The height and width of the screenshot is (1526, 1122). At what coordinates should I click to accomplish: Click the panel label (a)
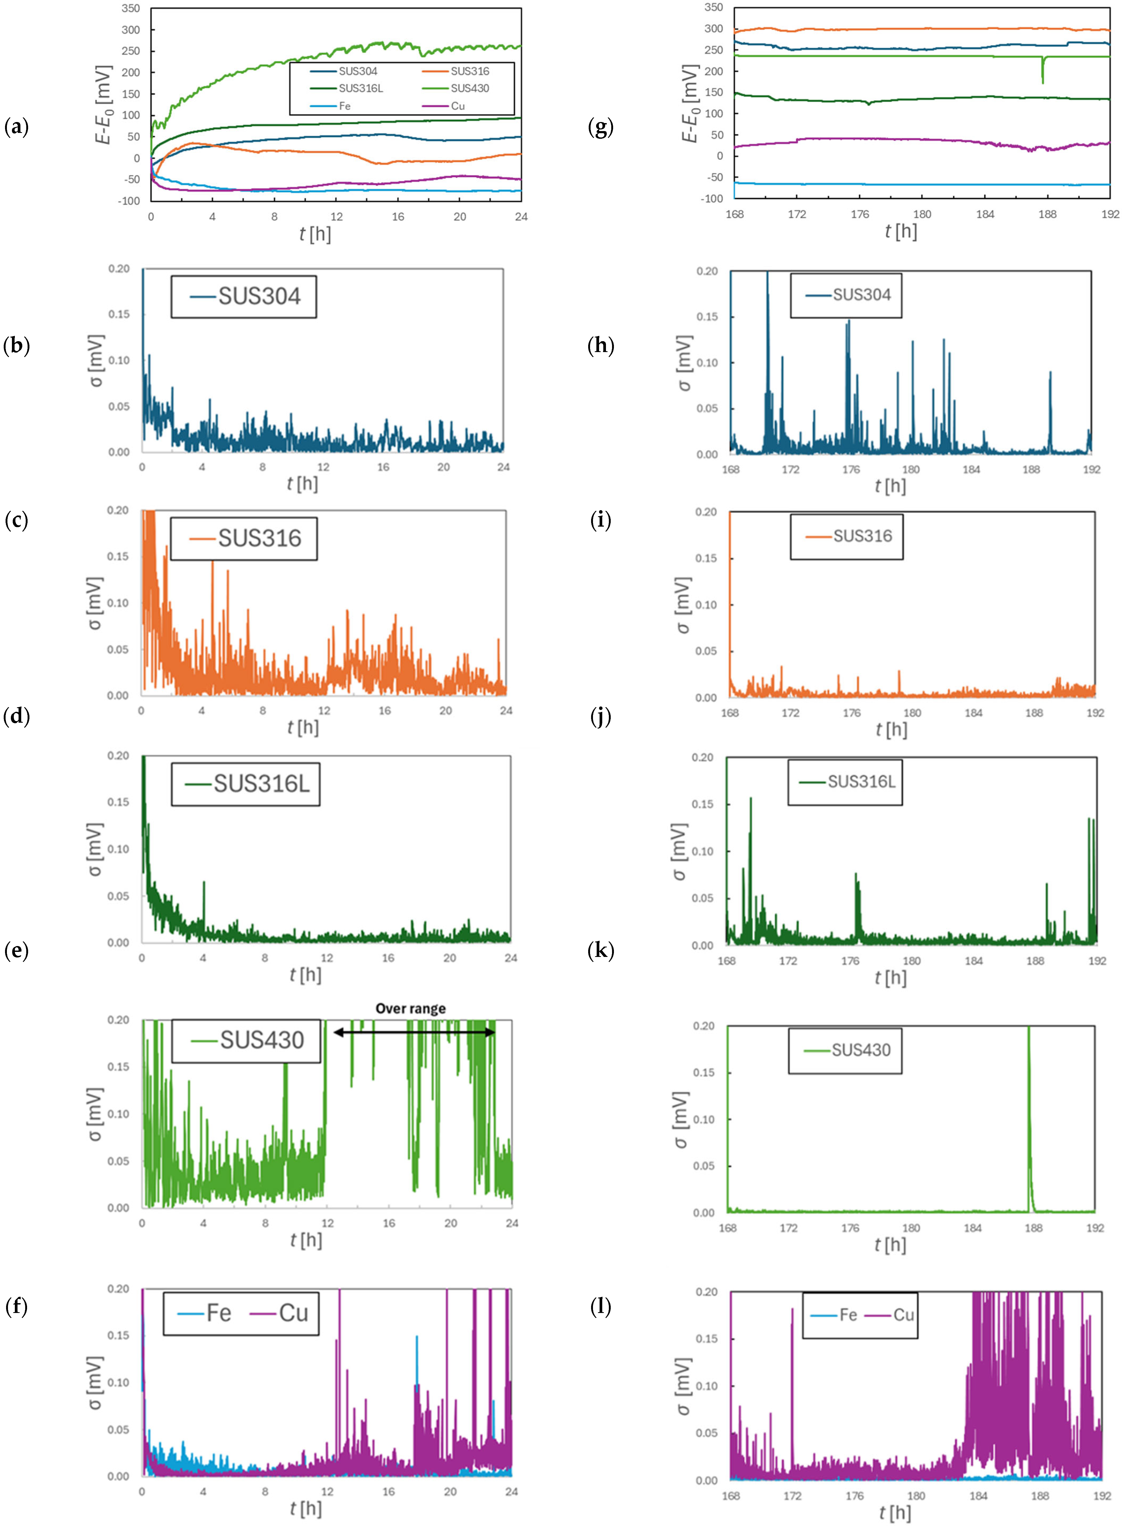(x=16, y=126)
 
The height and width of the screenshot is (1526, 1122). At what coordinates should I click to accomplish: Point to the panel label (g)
(x=600, y=126)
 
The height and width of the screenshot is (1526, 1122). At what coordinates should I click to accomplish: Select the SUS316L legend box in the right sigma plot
(x=845, y=782)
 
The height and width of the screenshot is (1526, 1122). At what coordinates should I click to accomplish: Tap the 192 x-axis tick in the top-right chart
(x=1110, y=214)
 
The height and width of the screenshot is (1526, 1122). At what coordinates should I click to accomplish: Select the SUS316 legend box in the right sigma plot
(x=846, y=537)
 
